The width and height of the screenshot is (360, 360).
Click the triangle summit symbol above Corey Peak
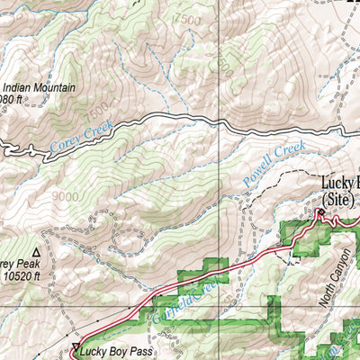tap(36, 253)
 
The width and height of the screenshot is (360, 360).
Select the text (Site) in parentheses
tap(339, 198)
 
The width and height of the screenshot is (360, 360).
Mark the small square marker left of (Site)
tap(319, 212)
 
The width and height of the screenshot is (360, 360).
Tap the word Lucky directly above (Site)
tap(337, 184)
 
